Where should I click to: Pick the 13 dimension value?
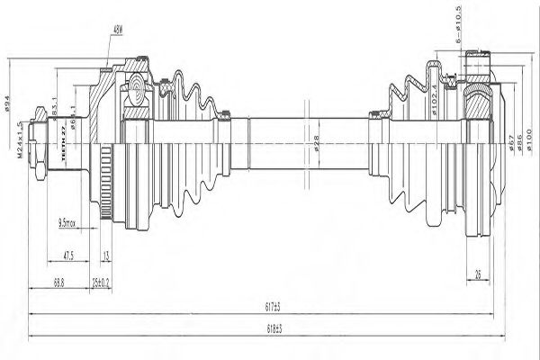pos(105,255)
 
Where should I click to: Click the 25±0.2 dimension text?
pos(100,282)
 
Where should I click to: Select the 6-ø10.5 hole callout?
pos(459,27)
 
